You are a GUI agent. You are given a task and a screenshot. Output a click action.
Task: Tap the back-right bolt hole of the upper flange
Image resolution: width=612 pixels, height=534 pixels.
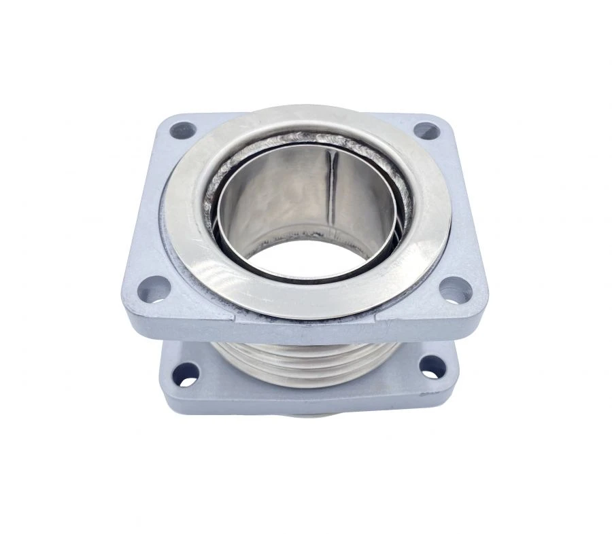pyautogui.click(x=426, y=130)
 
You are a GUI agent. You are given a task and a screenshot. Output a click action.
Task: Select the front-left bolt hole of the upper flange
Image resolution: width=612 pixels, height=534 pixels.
pyautogui.click(x=154, y=291)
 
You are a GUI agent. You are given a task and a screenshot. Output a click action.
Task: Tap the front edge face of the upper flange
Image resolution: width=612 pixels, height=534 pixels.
pyautogui.click(x=306, y=330)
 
